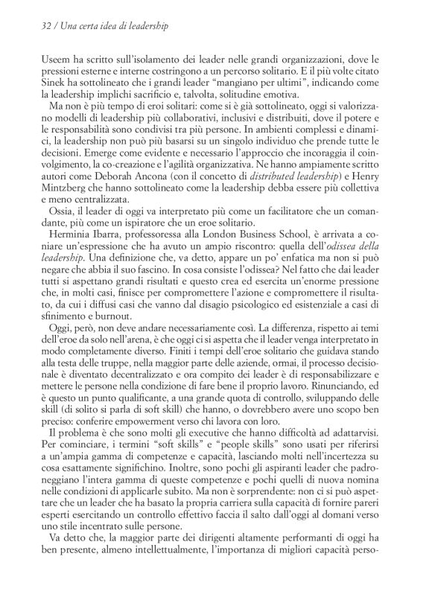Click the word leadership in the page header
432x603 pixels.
[x=144, y=26]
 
